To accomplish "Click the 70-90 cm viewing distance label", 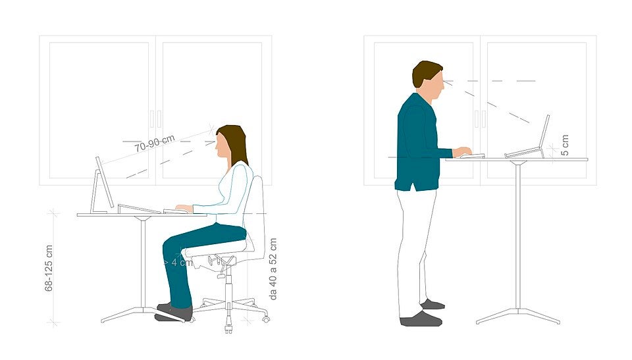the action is (x=155, y=143).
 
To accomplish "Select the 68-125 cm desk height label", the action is (x=49, y=268).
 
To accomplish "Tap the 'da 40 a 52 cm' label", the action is (x=273, y=269).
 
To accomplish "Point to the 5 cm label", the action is (x=565, y=145).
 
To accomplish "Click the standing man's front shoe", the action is (x=421, y=319).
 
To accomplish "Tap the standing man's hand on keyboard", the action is (x=462, y=151).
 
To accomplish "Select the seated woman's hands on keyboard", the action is (x=184, y=209).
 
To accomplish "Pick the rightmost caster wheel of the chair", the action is (x=265, y=319).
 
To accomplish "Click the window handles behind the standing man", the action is (x=480, y=118).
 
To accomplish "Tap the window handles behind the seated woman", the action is (x=155, y=118).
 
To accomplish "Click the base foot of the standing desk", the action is (x=518, y=316).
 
